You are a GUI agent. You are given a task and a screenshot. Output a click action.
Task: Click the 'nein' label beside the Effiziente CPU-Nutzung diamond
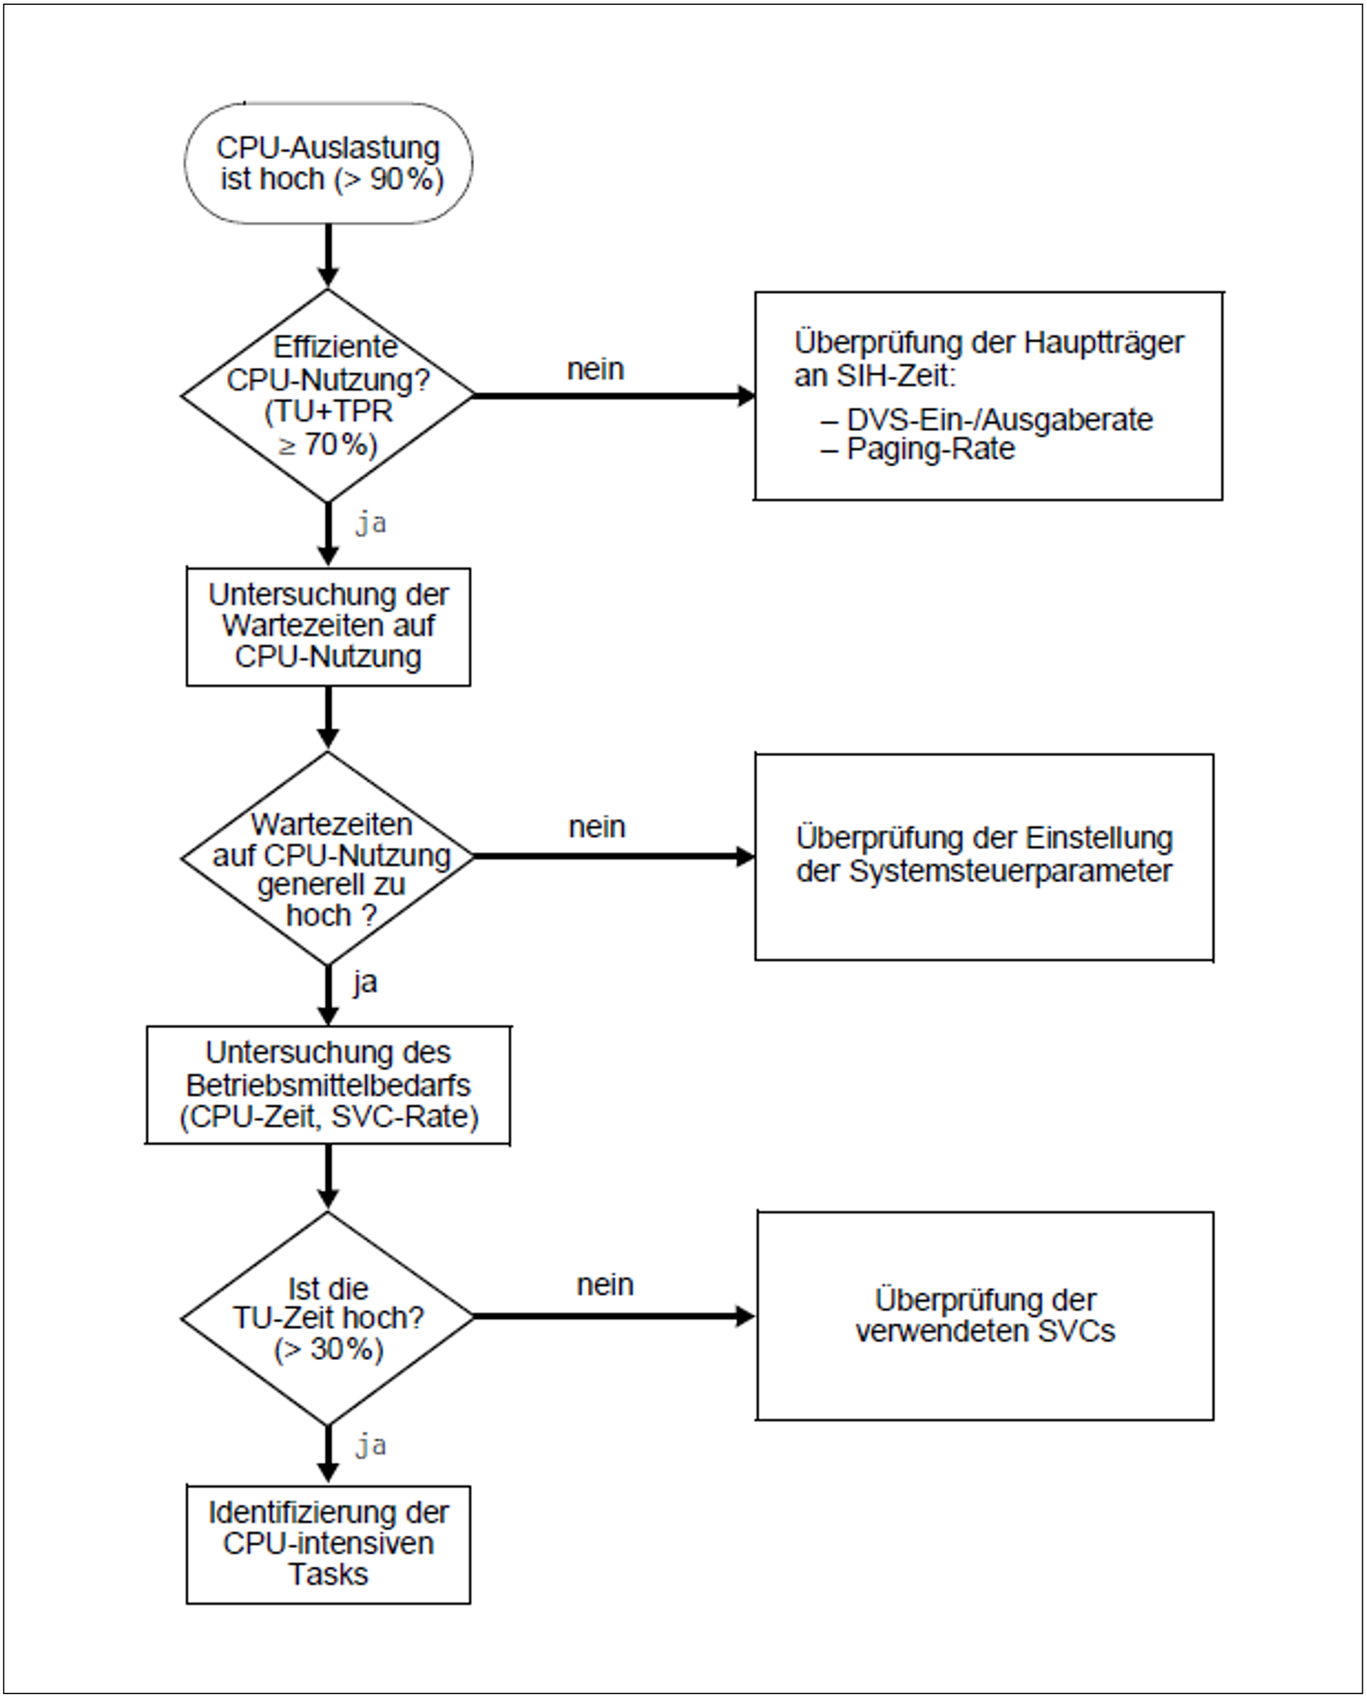pyautogui.click(x=596, y=369)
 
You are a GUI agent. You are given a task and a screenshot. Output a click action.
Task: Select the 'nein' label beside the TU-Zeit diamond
pyautogui.click(x=606, y=1284)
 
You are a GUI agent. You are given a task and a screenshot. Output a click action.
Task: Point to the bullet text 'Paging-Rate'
pyautogui.click(x=931, y=449)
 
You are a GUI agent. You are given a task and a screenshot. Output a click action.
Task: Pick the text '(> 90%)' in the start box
pyautogui.click(x=389, y=179)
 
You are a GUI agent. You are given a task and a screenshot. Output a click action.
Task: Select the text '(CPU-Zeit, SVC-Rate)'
pyautogui.click(x=329, y=1117)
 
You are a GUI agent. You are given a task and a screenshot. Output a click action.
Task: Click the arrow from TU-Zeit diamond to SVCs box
pyautogui.click(x=614, y=1316)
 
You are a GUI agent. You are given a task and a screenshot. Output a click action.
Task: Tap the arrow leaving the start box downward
pyautogui.click(x=329, y=255)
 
